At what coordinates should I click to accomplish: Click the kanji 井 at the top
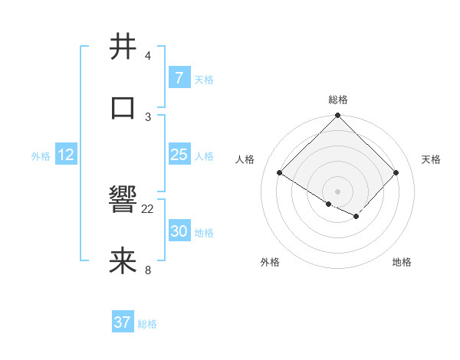coord(123,47)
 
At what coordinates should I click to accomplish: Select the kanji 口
coord(123,107)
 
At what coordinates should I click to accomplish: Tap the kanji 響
coord(123,201)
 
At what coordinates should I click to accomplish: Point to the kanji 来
coord(123,261)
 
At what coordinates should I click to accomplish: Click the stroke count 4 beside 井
coord(148,57)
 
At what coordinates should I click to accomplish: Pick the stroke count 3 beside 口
coord(148,116)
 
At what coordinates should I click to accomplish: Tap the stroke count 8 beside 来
coord(148,270)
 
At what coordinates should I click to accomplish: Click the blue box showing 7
coord(179,77)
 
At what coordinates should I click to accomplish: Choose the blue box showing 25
coord(179,155)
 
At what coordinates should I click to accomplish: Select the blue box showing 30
coord(179,231)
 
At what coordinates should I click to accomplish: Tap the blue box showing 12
coord(66,155)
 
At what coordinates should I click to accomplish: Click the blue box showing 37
coord(123,322)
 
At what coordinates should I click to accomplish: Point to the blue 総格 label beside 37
coord(147,324)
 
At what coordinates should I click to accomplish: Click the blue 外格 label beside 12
coord(41,156)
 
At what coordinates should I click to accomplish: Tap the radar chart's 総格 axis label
coord(337,100)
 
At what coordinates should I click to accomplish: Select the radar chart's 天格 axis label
coord(431,159)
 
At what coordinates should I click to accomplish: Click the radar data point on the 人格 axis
coord(280,173)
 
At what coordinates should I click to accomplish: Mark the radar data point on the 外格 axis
coord(329,204)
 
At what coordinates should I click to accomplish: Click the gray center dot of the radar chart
coord(337,191)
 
